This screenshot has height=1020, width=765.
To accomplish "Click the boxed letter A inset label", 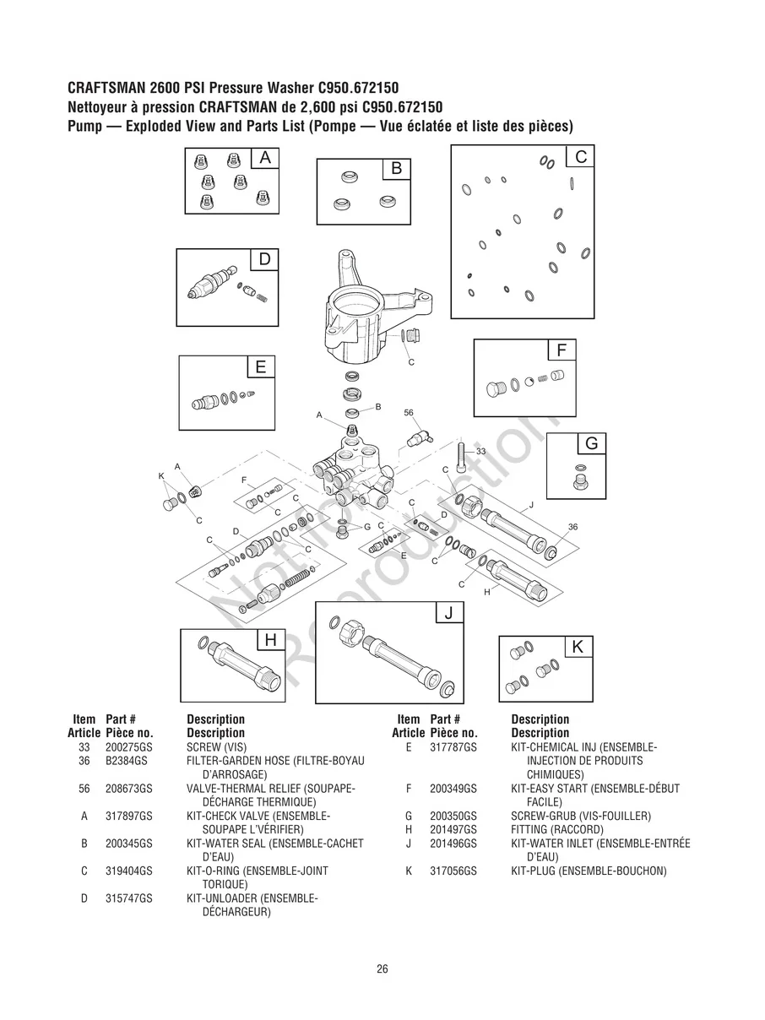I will (x=265, y=158).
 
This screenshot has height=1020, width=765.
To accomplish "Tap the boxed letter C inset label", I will (x=581, y=157).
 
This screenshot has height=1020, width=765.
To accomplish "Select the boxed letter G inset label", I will (x=591, y=444).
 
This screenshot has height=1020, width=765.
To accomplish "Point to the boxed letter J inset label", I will (x=449, y=613).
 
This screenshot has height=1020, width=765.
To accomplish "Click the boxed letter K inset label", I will (x=578, y=648).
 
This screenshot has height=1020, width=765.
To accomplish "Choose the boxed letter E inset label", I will (x=261, y=366).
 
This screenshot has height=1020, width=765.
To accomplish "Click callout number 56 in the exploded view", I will (x=409, y=413).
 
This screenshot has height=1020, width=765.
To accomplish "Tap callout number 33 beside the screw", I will (x=480, y=452).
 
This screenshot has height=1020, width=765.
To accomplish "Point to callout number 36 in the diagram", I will (x=572, y=527).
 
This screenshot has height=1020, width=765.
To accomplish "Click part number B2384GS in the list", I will (x=127, y=761).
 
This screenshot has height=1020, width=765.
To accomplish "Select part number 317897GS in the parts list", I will (x=129, y=817).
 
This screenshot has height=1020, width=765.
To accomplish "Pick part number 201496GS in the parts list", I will (x=453, y=844).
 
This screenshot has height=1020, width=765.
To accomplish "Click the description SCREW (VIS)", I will (x=215, y=747).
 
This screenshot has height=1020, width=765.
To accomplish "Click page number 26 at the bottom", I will (x=382, y=968).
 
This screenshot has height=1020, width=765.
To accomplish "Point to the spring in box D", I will (x=262, y=296).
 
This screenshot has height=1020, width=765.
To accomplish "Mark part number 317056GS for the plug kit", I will (x=453, y=871).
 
